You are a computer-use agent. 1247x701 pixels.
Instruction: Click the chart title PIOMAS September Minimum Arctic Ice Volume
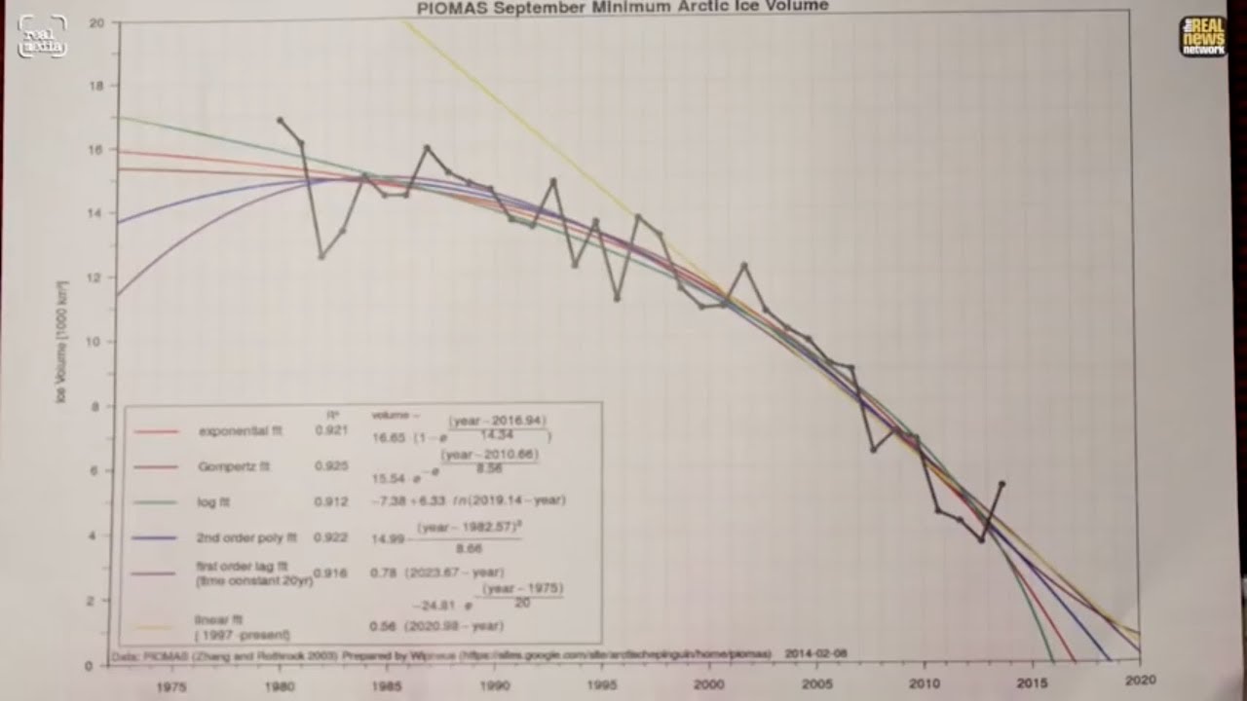click(x=623, y=7)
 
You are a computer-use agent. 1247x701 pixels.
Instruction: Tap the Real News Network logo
click(x=1202, y=37)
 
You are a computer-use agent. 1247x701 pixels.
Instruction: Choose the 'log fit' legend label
click(x=217, y=501)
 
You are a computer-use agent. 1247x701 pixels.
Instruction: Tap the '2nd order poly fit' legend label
click(x=247, y=536)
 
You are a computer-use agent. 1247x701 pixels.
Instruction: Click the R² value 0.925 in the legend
click(x=331, y=466)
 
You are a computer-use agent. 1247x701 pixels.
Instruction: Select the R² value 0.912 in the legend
click(x=331, y=501)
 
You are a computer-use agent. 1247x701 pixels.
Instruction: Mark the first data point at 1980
click(x=280, y=120)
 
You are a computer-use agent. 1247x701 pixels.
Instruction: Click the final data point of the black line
click(x=1001, y=483)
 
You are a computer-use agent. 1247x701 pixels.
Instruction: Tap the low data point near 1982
click(x=321, y=256)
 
